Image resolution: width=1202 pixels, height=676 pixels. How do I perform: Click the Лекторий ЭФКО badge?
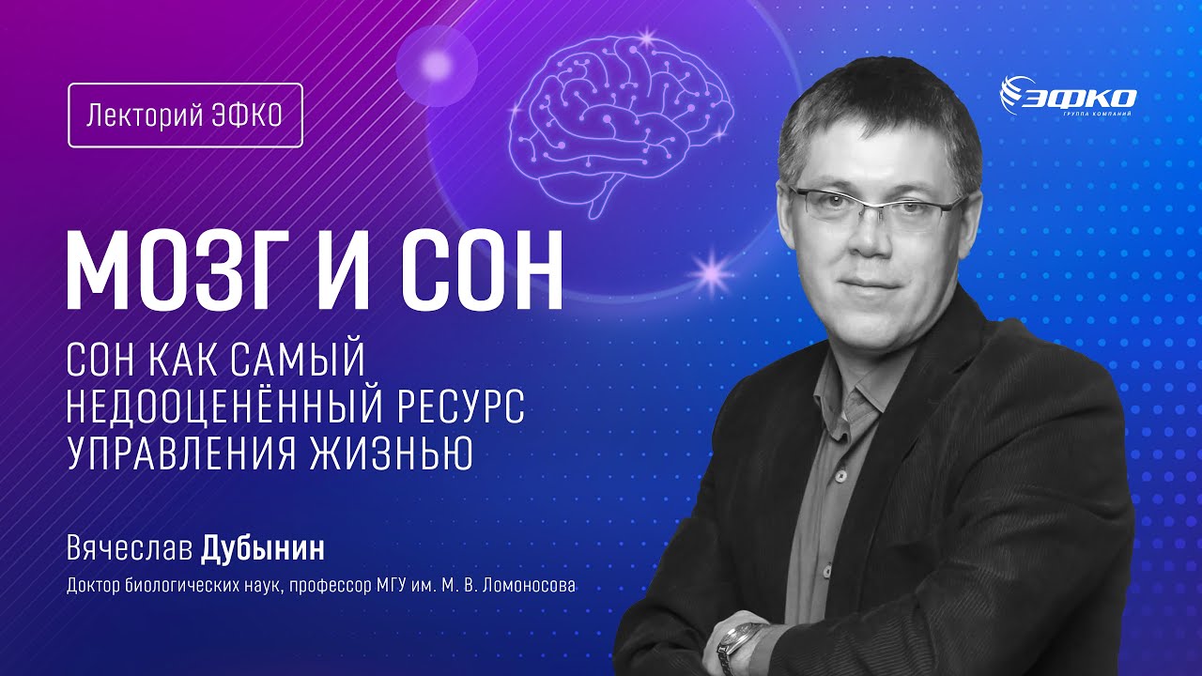click(185, 115)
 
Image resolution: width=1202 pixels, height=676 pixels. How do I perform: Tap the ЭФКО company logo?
click(1069, 96)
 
